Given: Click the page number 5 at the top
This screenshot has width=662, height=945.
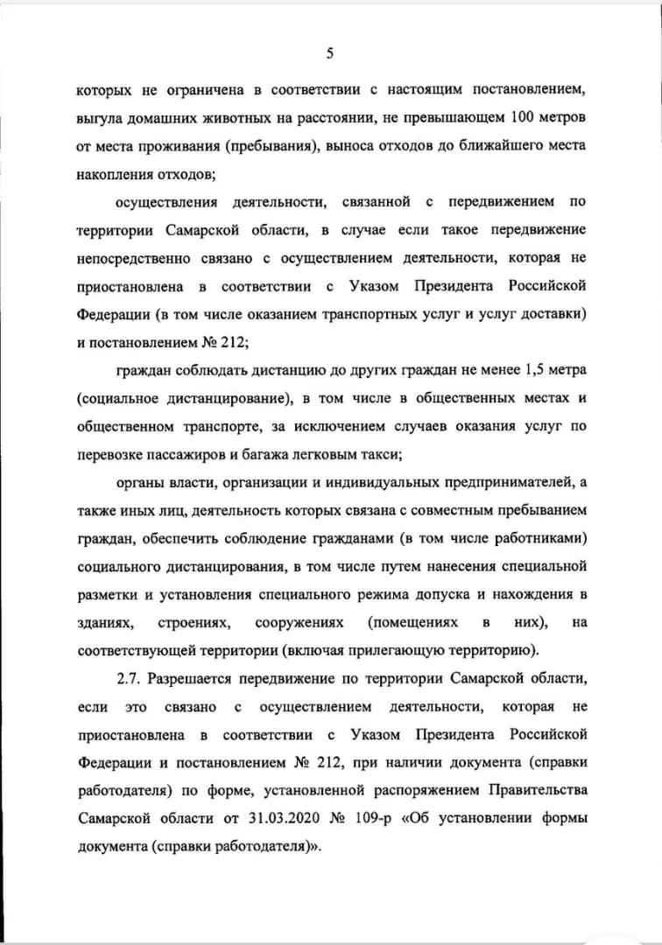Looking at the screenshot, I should pos(330,53).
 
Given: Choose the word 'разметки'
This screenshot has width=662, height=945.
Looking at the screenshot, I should pos(106,595).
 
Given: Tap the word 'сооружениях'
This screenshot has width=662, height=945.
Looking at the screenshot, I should pos(293,623).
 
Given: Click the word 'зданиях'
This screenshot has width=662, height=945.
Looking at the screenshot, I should pos(105,623).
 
